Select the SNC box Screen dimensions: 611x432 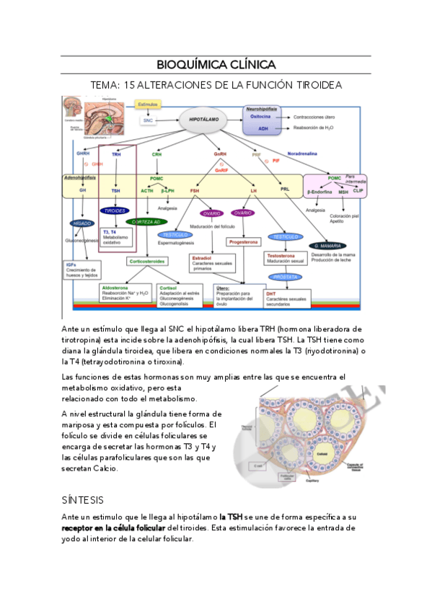148,120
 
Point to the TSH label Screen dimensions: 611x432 115,191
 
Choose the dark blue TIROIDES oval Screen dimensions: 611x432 115,212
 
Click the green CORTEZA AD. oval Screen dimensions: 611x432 147,222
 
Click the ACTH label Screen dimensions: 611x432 147,191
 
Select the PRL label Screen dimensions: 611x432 284,189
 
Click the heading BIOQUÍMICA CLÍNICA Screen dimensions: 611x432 216,64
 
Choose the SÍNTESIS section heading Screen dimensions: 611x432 83,499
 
